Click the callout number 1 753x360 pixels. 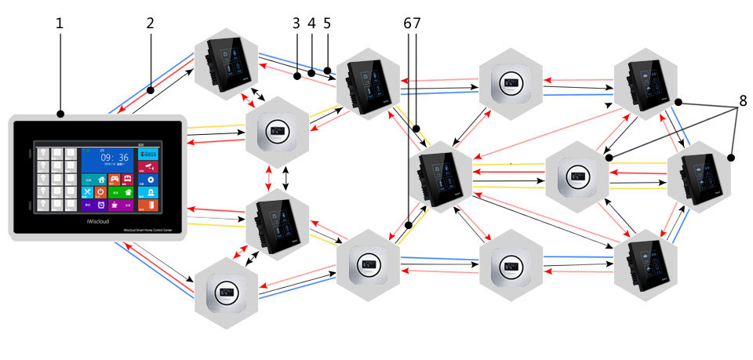pyautogui.click(x=60, y=23)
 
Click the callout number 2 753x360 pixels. pyautogui.click(x=149, y=23)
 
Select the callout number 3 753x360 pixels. pyautogui.click(x=296, y=23)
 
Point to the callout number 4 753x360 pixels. pyautogui.click(x=311, y=23)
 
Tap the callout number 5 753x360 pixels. pyautogui.click(x=326, y=23)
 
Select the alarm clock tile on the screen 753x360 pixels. pyautogui.click(x=102, y=205)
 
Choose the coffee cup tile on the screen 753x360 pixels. pyautogui.click(x=116, y=205)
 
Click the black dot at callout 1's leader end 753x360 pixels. pyautogui.click(x=60, y=115)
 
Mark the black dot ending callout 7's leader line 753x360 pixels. pyautogui.click(x=416, y=129)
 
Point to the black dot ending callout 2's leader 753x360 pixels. pyautogui.click(x=149, y=91)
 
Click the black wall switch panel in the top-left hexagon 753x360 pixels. pyautogui.click(x=227, y=62)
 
